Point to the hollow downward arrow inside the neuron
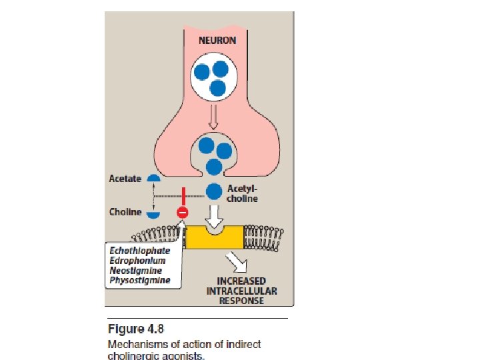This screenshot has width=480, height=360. click(x=213, y=119)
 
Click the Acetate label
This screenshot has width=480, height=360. click(x=125, y=179)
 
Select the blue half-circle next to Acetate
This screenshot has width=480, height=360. click(x=153, y=179)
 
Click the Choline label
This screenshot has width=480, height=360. click(x=125, y=212)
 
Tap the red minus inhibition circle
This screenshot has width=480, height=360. click(x=182, y=213)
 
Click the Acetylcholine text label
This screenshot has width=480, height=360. click(x=243, y=193)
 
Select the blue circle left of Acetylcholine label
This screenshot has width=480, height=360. click(x=214, y=192)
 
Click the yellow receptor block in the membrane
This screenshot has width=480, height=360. click(x=214, y=238)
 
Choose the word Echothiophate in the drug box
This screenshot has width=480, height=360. click(x=140, y=251)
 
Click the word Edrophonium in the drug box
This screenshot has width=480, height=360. click(x=137, y=261)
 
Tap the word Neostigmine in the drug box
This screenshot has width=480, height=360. click(x=136, y=270)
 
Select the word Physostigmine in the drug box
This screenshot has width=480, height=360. click(x=139, y=280)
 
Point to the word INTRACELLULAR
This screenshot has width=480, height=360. click(x=241, y=291)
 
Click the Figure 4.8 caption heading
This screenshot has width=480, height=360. click(x=135, y=329)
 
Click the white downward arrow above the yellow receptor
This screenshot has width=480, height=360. click(x=214, y=217)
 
